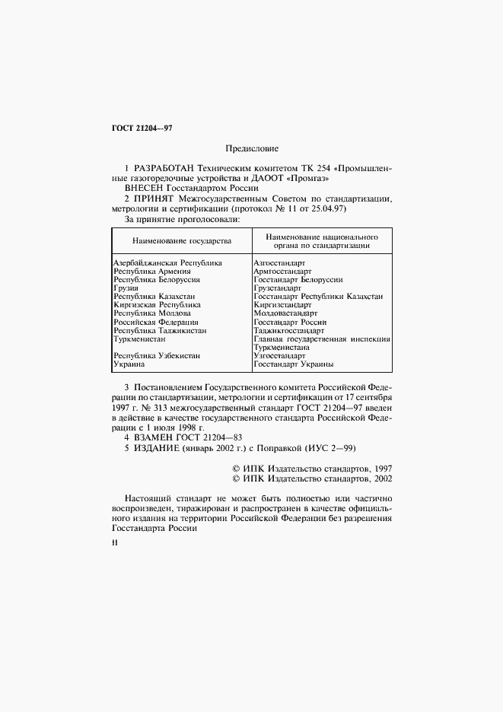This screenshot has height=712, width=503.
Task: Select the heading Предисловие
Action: tap(252, 148)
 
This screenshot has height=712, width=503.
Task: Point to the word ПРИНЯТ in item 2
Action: tap(154, 199)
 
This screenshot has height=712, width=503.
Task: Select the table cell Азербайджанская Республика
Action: tap(167, 262)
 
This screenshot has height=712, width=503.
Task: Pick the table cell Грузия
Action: tap(126, 288)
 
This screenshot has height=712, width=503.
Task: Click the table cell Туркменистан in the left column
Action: tap(139, 339)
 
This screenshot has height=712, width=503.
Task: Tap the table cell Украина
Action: tap(129, 364)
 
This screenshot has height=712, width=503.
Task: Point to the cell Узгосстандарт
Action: tap(279, 356)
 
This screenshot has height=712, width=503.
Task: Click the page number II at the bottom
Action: tap(114, 544)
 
